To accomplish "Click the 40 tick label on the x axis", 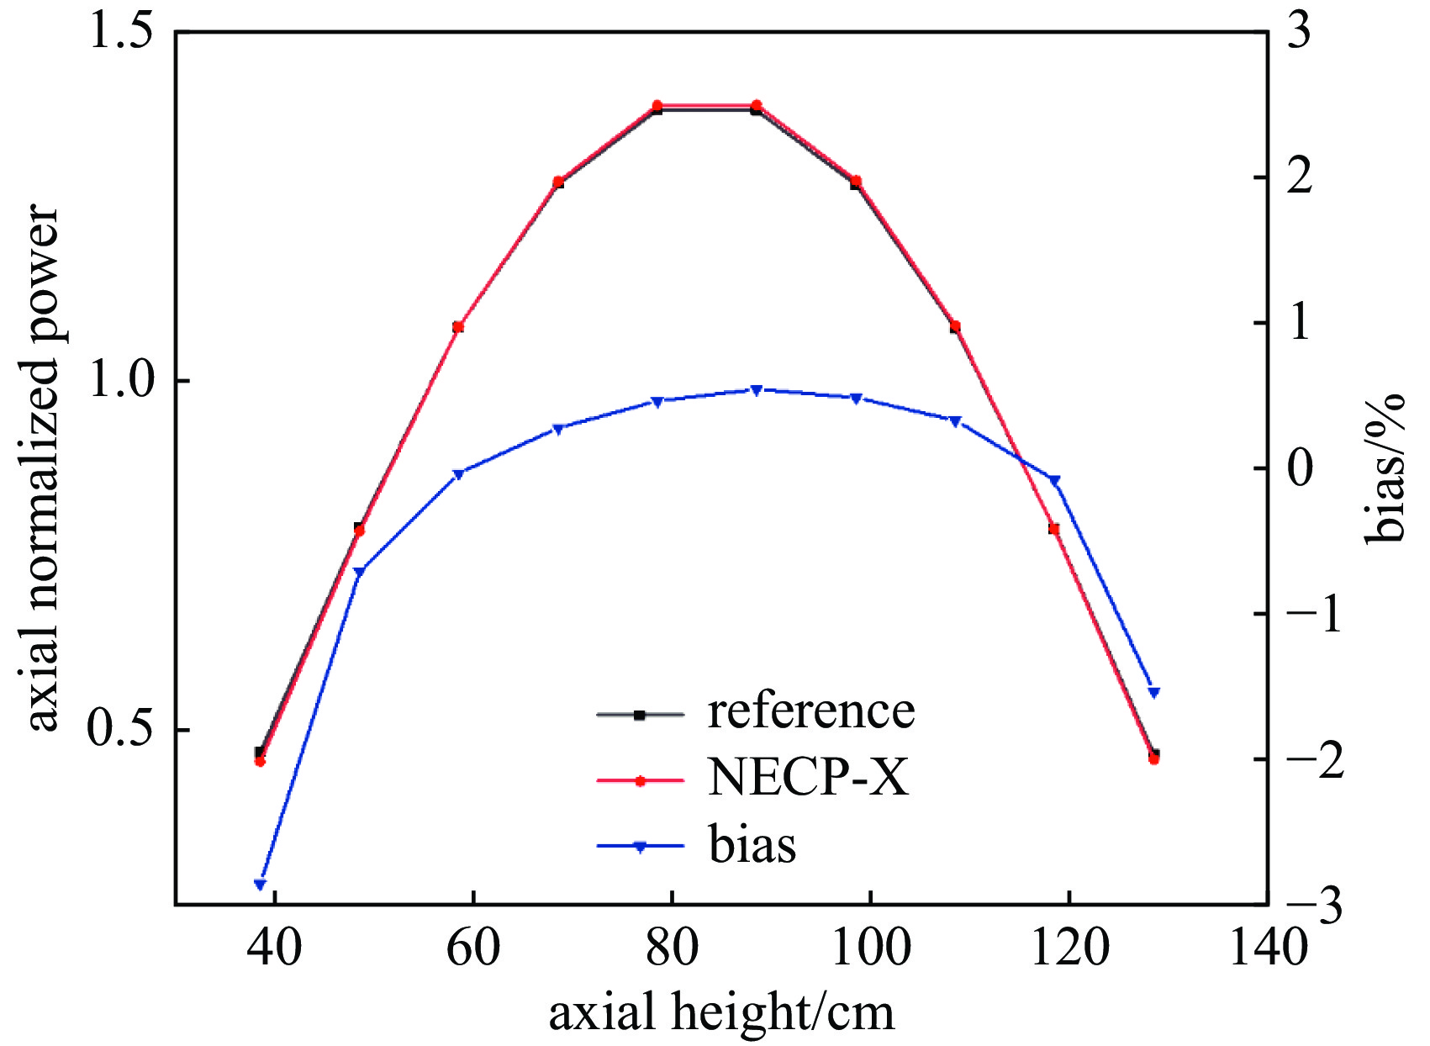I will [275, 948].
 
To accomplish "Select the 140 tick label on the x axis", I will [1267, 948].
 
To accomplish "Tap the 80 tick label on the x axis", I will [672, 948].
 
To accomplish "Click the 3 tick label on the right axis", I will [1299, 34].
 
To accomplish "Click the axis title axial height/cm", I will [721, 1012].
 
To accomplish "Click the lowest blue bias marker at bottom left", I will [260, 884].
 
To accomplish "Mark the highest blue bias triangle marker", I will [756, 390].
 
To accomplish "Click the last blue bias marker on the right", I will [1153, 692].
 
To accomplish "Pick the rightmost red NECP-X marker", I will [1153, 759].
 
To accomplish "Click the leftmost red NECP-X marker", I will [260, 761].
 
